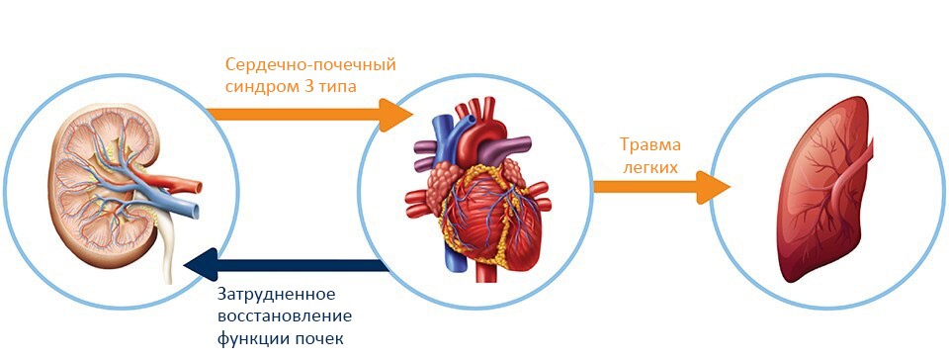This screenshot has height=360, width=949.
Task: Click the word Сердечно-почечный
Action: point(310,65)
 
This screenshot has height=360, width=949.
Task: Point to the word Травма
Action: point(649,145)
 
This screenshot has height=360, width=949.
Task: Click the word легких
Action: point(648,167)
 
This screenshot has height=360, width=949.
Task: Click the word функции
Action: point(248,339)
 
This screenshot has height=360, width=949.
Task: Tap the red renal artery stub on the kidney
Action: point(182,184)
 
